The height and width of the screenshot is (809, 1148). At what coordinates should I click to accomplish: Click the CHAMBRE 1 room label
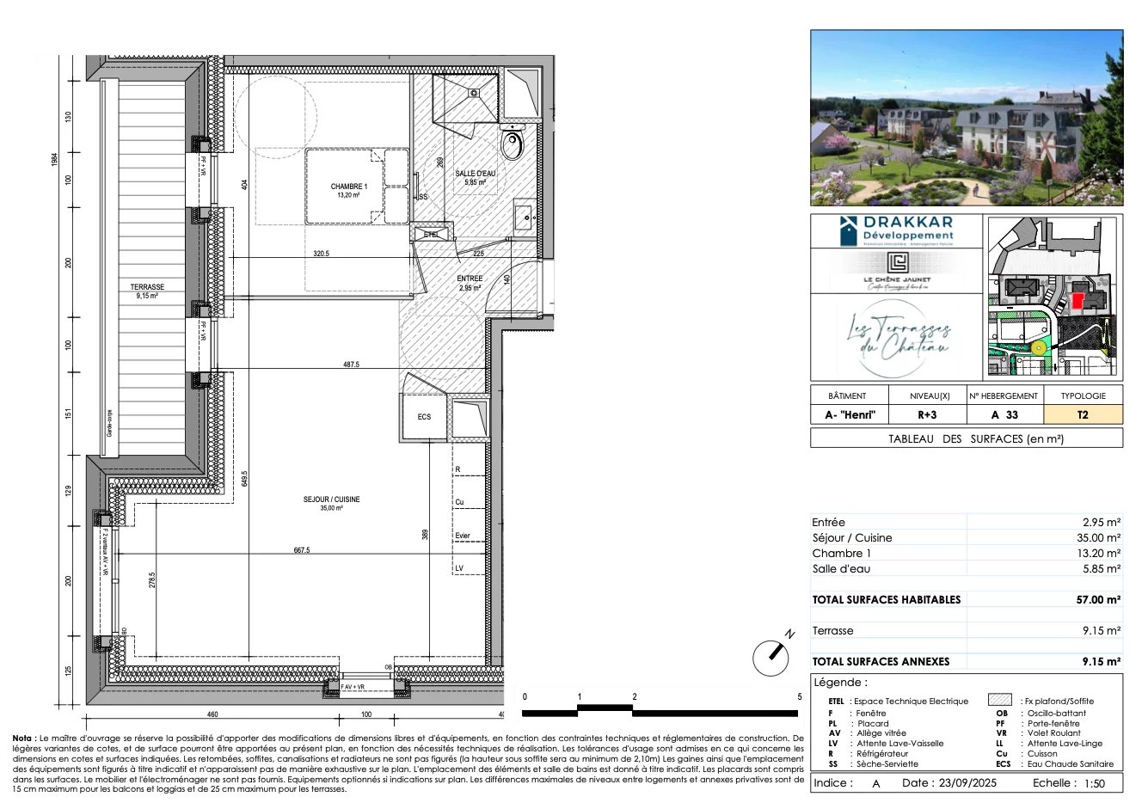(x=349, y=187)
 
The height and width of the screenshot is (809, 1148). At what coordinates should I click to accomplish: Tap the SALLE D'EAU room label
(x=476, y=174)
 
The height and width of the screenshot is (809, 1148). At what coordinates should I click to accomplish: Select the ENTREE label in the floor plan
(x=470, y=279)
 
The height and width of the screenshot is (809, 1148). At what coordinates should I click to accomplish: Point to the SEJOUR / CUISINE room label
(x=331, y=499)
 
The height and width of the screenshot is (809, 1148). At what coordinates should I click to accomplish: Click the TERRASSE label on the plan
(x=147, y=287)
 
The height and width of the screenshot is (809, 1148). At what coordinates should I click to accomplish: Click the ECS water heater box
(x=424, y=417)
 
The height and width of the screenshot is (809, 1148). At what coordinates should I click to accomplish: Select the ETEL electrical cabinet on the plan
(x=431, y=234)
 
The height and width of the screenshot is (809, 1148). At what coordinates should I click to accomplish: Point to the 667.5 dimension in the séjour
(x=301, y=550)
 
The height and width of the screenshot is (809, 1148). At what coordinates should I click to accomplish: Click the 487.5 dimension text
(x=351, y=365)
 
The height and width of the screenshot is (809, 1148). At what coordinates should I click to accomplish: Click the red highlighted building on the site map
(x=1077, y=301)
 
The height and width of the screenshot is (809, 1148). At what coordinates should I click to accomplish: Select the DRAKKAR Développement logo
(x=896, y=230)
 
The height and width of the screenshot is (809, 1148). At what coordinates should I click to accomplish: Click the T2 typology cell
(x=1082, y=414)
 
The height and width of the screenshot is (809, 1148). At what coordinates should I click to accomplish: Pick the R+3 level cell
(x=927, y=414)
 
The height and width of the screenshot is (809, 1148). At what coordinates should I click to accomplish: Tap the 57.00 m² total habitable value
(x=1098, y=599)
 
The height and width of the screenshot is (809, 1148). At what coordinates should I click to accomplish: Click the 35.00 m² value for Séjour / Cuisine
(x=1101, y=537)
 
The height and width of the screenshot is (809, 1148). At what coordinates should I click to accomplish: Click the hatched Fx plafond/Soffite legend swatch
(x=999, y=701)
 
